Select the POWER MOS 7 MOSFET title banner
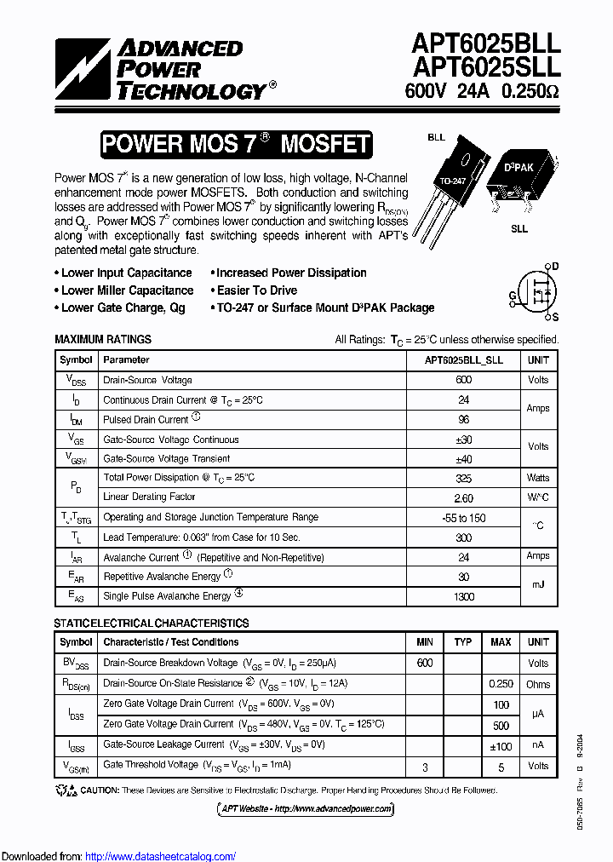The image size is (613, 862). (x=236, y=144)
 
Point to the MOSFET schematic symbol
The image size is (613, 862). (x=537, y=291)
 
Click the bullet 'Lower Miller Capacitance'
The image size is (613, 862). (x=127, y=290)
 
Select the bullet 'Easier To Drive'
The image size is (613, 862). (x=256, y=290)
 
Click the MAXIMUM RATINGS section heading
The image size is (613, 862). (x=103, y=339)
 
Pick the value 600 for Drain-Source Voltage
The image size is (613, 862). (x=463, y=380)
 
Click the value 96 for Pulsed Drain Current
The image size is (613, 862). (x=463, y=419)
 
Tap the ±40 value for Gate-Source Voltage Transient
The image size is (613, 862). (x=463, y=458)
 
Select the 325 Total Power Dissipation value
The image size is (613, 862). (x=463, y=478)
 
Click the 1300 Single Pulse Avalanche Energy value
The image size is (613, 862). (x=463, y=596)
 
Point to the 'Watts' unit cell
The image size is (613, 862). (x=538, y=478)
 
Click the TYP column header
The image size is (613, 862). (x=462, y=642)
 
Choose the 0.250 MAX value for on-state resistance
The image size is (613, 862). (x=501, y=684)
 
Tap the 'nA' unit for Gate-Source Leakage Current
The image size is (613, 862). (x=538, y=744)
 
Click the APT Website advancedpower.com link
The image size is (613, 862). (x=306, y=808)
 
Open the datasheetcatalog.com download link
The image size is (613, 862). (x=161, y=856)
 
